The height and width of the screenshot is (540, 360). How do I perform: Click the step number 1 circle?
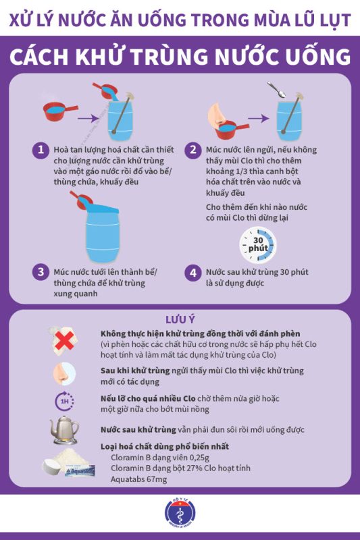pyautogui.click(x=41, y=150)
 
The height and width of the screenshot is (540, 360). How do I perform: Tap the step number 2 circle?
pyautogui.click(x=193, y=150)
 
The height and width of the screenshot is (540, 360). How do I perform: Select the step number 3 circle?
pyautogui.click(x=41, y=272)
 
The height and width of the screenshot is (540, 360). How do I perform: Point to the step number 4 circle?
pyautogui.click(x=193, y=273)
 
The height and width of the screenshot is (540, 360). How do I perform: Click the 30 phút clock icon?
pyautogui.click(x=258, y=244)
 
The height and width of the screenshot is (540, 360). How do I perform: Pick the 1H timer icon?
pyautogui.click(x=64, y=401)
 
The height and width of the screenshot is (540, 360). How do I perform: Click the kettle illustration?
pyautogui.click(x=64, y=430)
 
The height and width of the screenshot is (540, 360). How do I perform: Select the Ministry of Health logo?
pyautogui.click(x=180, y=513)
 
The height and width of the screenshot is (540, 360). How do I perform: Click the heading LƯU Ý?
pyautogui.click(x=180, y=319)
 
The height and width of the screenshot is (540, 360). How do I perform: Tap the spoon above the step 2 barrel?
pyautogui.click(x=277, y=90)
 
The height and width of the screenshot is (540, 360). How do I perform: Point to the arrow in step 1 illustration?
pyautogui.click(x=88, y=119)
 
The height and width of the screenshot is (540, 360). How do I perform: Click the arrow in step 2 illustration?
pyautogui.click(x=259, y=119)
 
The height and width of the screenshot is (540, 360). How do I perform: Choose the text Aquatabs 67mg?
pyautogui.click(x=139, y=479)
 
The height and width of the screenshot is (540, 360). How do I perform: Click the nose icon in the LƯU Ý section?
pyautogui.click(x=64, y=374)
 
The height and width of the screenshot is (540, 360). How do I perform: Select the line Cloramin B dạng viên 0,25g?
pyautogui.click(x=160, y=458)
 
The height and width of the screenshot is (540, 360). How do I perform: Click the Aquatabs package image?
pyautogui.click(x=80, y=470)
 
